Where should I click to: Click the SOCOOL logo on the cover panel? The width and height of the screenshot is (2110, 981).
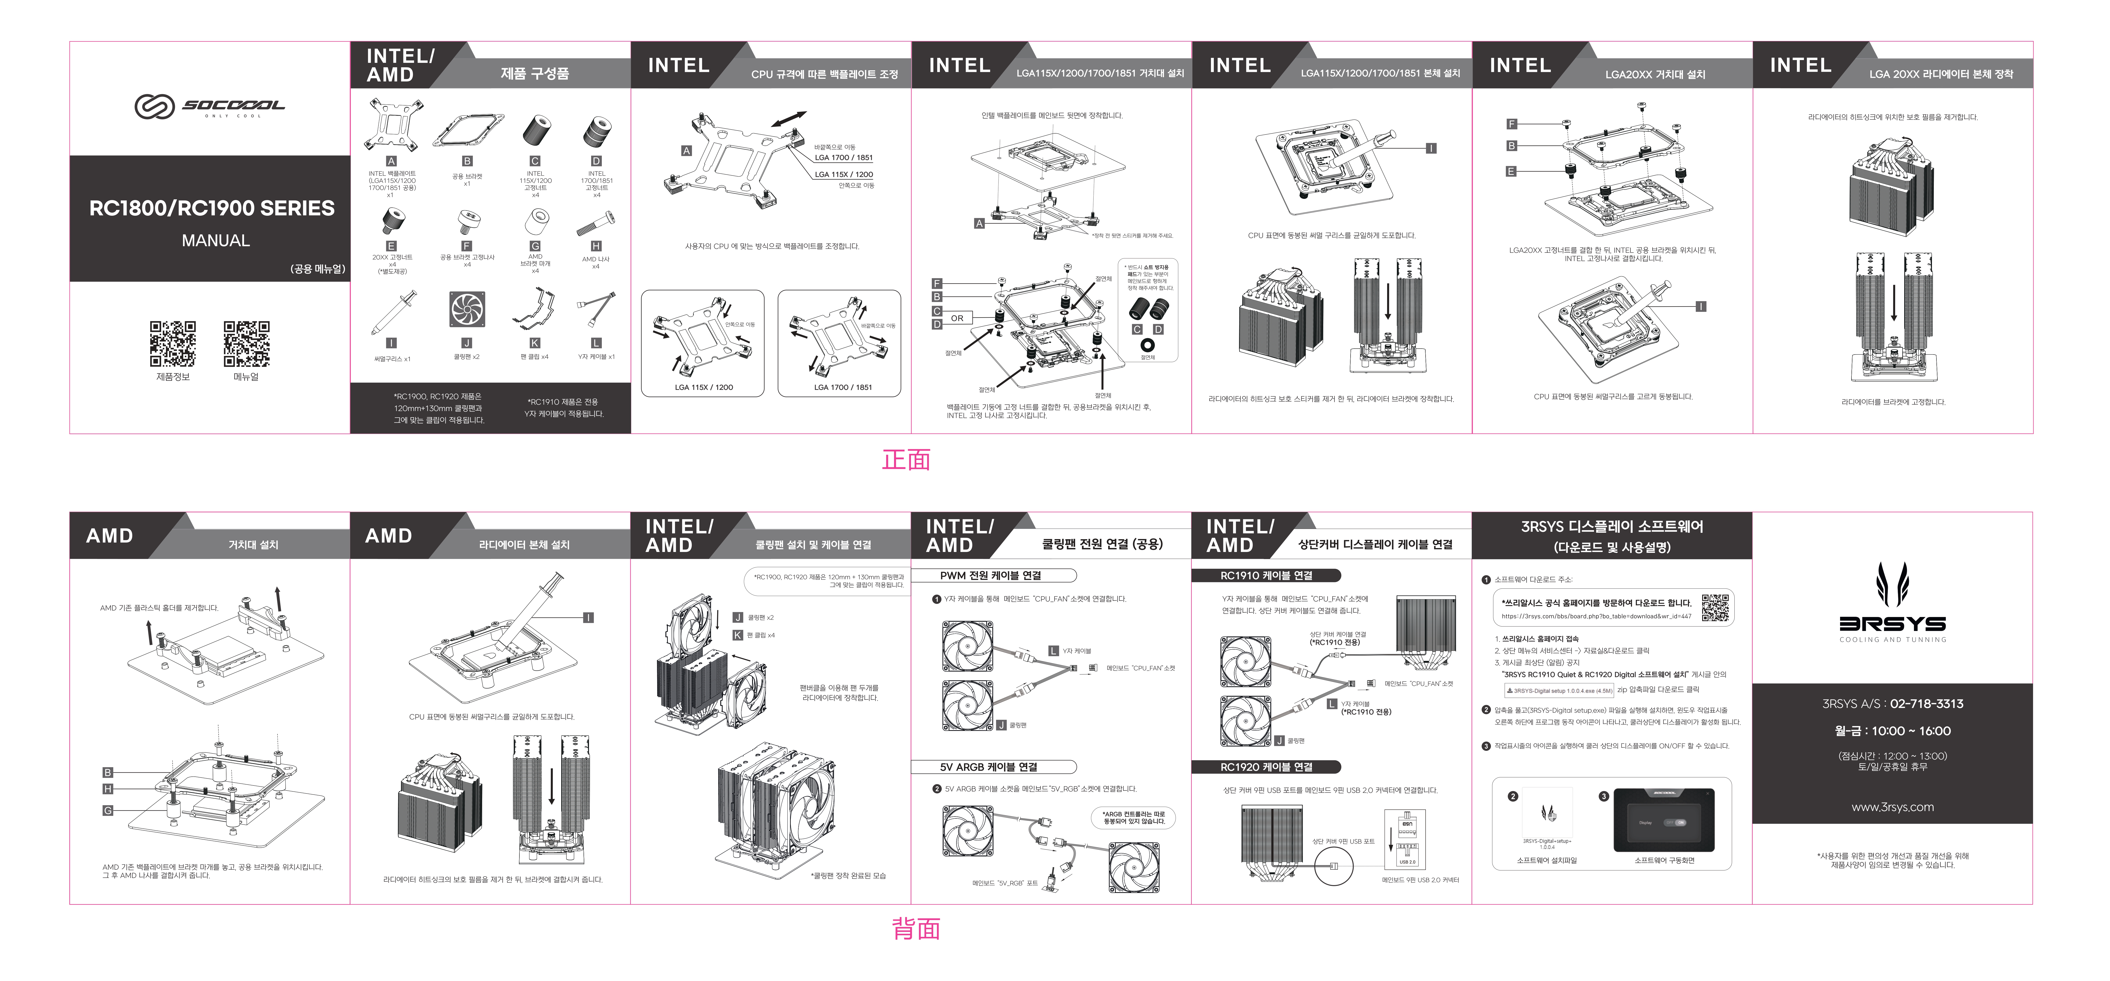pos(210,107)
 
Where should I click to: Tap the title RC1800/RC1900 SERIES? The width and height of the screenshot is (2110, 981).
pos(211,209)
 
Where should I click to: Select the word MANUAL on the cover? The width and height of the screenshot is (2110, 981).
pos(215,241)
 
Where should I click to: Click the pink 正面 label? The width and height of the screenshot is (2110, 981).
pos(906,459)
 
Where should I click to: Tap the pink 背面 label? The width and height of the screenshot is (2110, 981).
pos(916,929)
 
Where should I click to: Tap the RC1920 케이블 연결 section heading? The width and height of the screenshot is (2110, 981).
pos(1266,767)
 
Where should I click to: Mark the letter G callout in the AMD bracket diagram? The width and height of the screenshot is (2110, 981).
pos(107,811)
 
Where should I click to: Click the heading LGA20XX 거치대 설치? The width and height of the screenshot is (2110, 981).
pos(1655,75)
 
